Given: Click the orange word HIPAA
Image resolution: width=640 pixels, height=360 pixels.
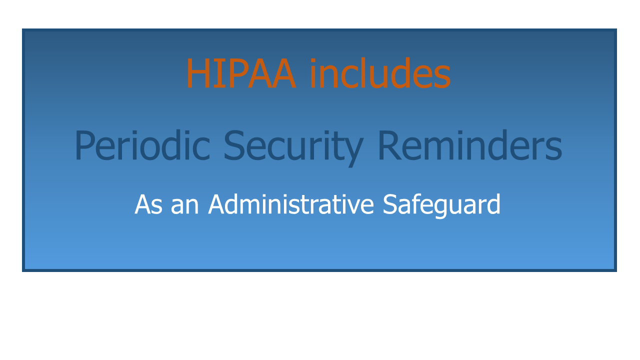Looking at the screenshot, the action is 241,73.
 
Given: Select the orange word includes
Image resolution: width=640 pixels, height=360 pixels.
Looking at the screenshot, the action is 380,72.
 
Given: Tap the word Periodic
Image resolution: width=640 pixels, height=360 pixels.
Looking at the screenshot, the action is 142,145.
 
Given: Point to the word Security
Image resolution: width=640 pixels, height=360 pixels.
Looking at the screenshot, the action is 293,147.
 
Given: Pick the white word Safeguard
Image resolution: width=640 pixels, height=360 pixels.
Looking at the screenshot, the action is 441,205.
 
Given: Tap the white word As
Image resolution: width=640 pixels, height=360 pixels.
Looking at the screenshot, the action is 148,204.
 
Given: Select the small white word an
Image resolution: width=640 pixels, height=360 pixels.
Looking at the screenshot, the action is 184,206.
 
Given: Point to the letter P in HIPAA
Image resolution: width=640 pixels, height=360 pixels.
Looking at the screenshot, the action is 232,73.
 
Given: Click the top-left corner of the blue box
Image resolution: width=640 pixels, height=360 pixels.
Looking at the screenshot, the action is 22,29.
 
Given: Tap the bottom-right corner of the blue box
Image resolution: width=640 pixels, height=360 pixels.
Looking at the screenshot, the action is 616,271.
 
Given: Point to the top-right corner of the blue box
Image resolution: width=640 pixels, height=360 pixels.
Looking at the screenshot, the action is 616,29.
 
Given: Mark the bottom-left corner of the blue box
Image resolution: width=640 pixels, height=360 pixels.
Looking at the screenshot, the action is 22,271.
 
